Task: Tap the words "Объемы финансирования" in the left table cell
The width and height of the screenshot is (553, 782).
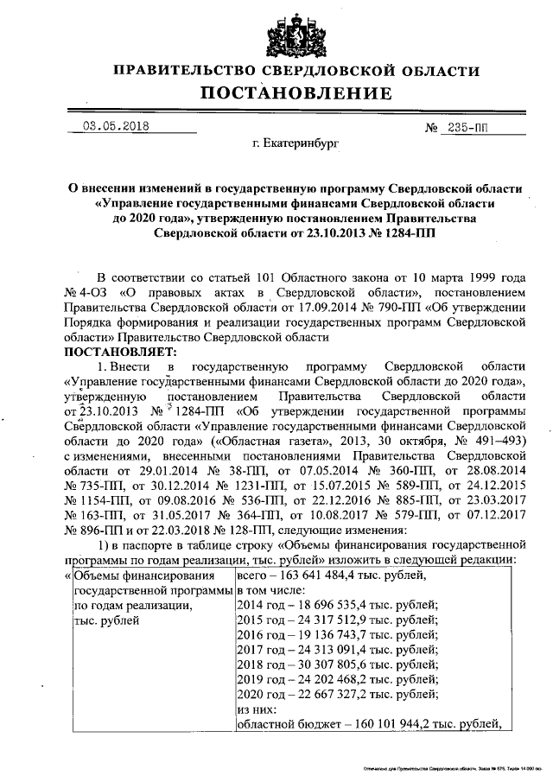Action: coord(143,575)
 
